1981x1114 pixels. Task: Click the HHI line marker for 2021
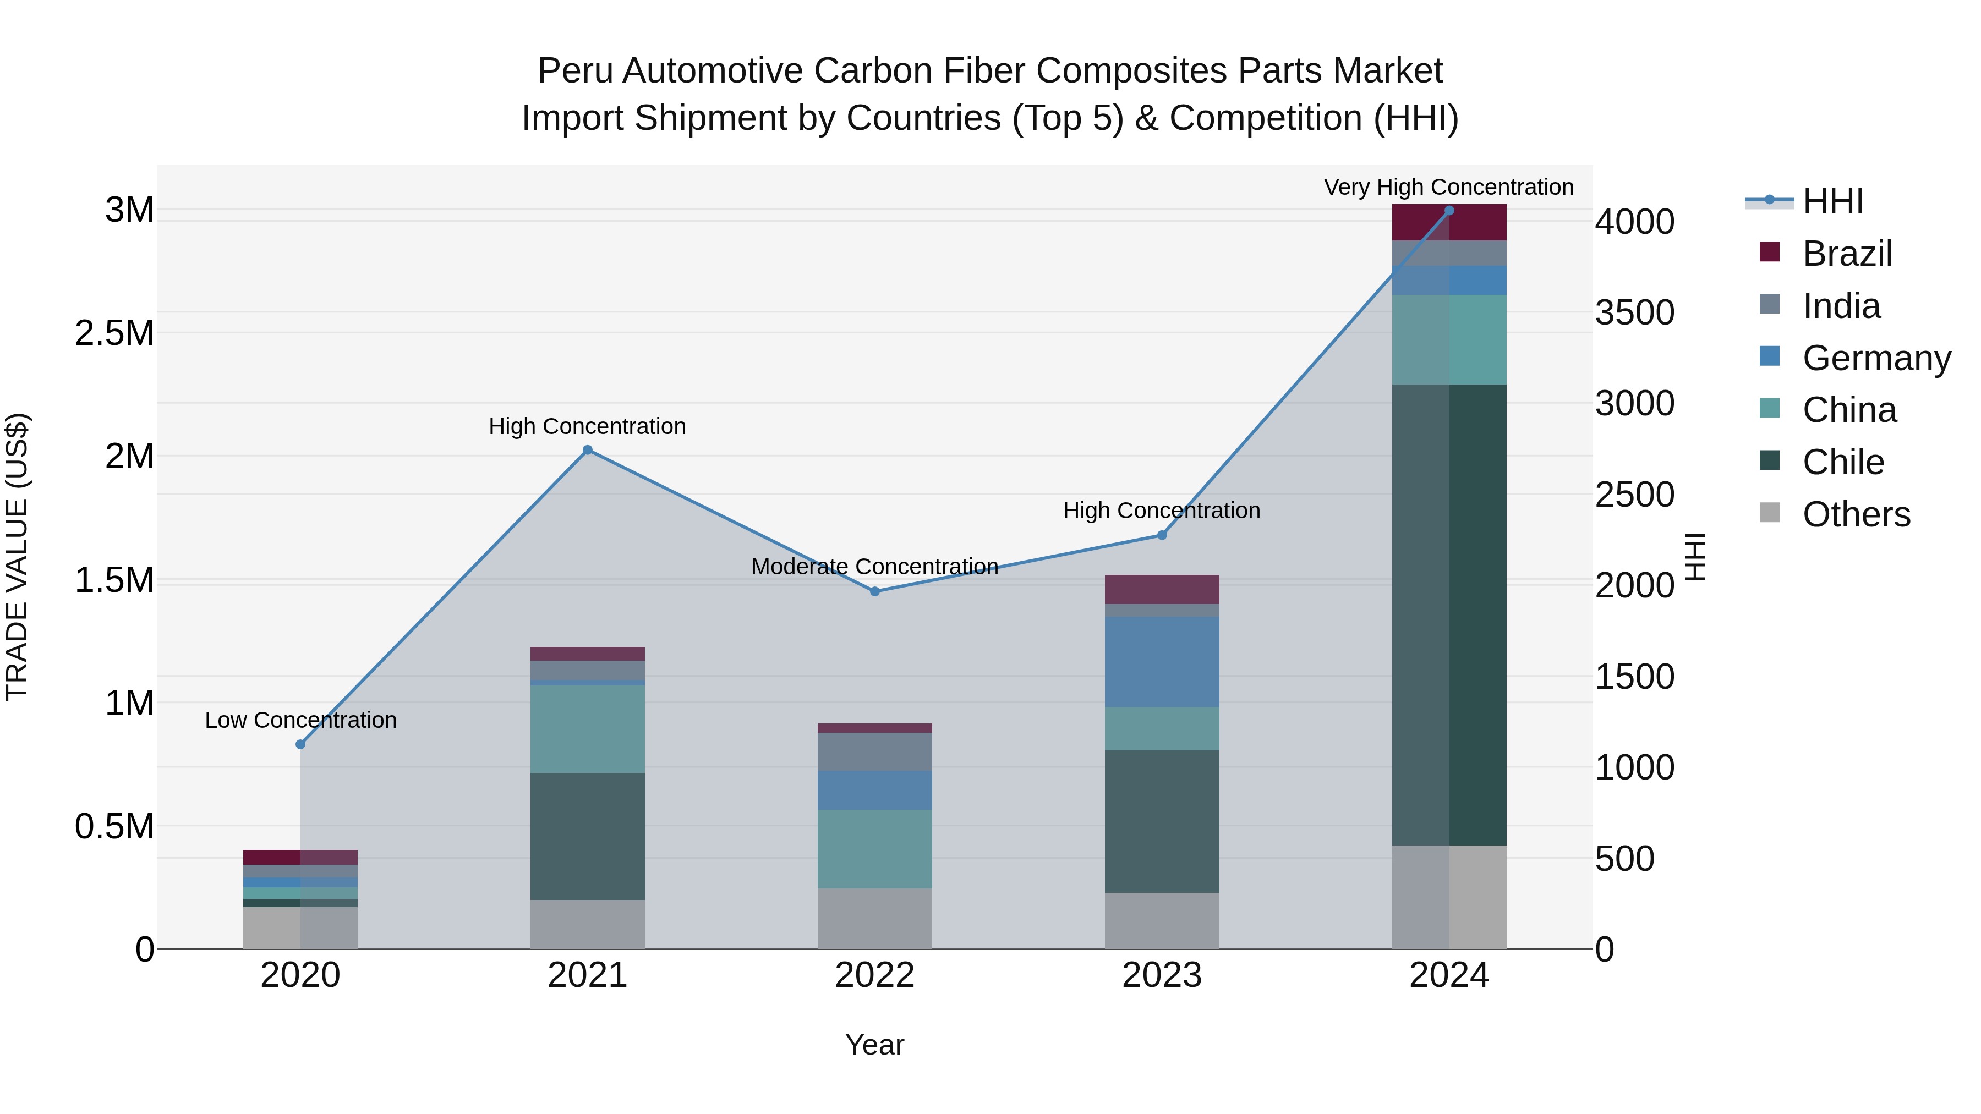tap(588, 450)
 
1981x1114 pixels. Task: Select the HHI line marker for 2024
tap(1449, 210)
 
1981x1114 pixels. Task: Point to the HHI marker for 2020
tap(300, 744)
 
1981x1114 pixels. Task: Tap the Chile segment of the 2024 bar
tap(1449, 615)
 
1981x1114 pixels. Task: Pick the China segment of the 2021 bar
tap(588, 729)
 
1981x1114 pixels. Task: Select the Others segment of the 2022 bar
tap(874, 918)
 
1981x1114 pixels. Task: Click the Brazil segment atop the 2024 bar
tap(1449, 222)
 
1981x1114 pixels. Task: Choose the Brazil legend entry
tap(1846, 254)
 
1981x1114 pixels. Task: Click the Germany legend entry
tap(1875, 358)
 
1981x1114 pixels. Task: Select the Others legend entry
tap(1855, 514)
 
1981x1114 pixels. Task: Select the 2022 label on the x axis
tap(874, 975)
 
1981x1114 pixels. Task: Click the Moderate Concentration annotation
tap(874, 567)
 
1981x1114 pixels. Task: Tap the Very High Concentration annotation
tap(1448, 187)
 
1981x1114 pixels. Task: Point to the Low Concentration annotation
tap(300, 720)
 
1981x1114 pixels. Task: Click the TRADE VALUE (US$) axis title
tap(17, 557)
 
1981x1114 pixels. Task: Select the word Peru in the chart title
tap(574, 71)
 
